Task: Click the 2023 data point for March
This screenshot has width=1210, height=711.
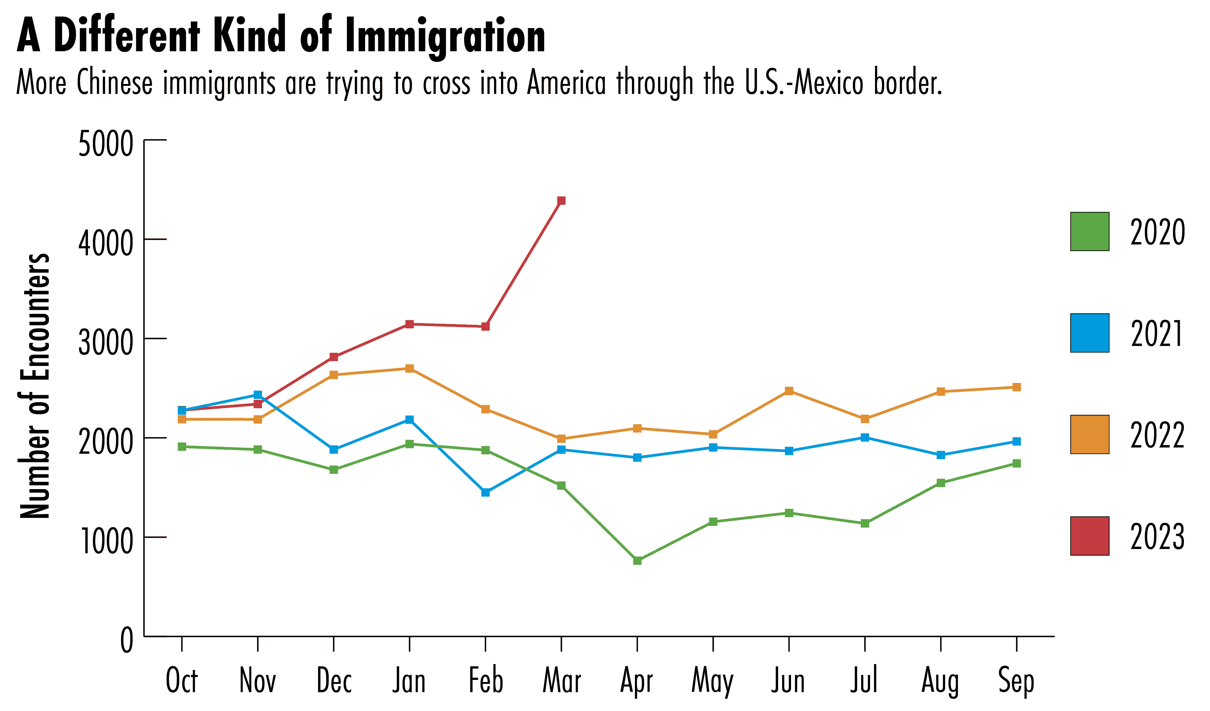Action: click(x=561, y=201)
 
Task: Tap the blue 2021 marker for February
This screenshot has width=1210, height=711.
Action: click(x=485, y=492)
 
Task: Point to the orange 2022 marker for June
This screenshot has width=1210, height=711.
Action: click(x=789, y=391)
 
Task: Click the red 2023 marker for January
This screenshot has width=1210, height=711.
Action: click(x=410, y=324)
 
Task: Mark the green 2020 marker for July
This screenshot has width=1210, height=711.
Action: click(x=865, y=523)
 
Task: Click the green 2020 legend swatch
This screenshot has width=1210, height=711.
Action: click(x=1090, y=231)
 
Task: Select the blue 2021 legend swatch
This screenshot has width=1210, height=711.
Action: click(x=1090, y=333)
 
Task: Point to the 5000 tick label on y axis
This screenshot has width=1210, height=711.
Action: click(x=105, y=144)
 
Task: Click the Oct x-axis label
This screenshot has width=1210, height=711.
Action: click(x=182, y=681)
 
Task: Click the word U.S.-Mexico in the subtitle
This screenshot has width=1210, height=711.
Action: click(x=805, y=83)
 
